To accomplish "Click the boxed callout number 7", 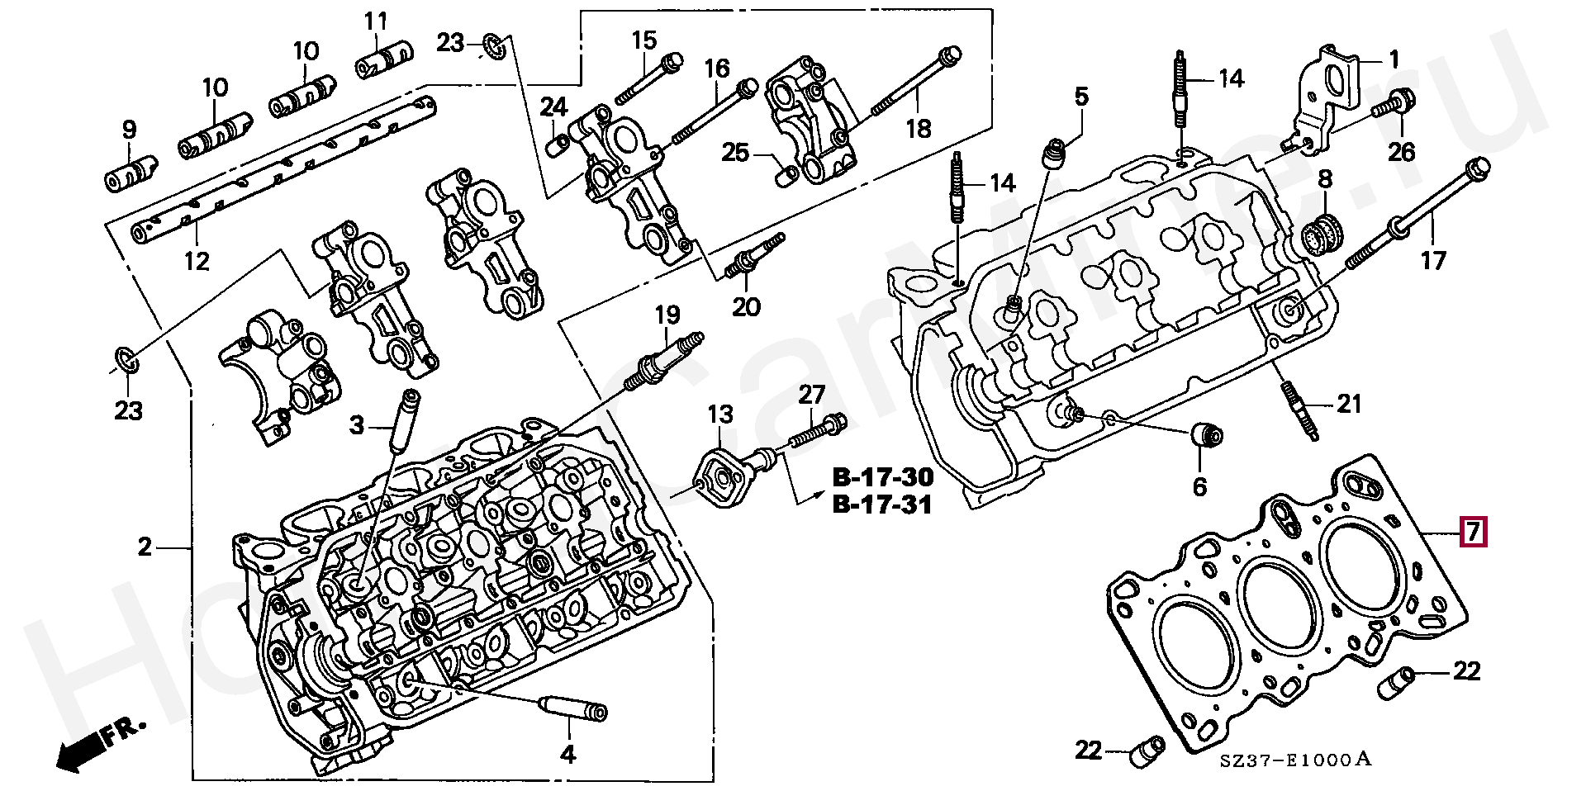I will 1473,532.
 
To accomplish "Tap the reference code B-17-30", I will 882,477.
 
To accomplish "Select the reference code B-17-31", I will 882,504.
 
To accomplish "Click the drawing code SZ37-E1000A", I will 1295,760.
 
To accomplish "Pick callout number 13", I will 719,414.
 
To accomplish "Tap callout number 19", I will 667,315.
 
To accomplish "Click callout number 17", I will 1433,261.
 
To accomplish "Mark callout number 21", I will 1349,404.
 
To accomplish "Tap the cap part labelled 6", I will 1208,434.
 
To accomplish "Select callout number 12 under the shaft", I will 197,261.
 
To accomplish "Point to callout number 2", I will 145,547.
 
